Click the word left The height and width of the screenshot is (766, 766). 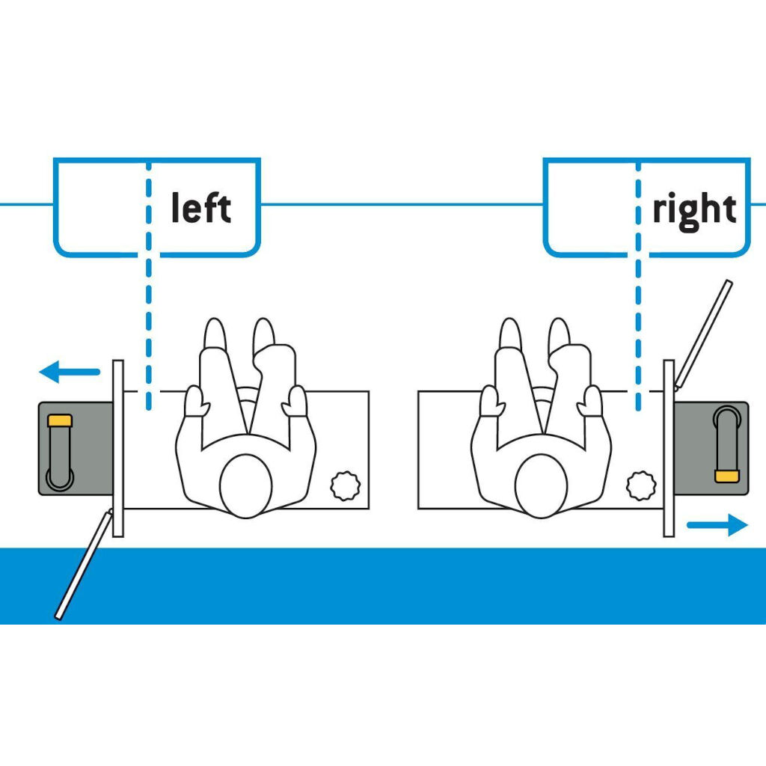coord(200,208)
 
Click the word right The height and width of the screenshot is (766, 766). coord(694,210)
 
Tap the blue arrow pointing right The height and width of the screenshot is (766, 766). coord(717,525)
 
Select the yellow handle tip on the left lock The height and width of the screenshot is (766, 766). coord(59,420)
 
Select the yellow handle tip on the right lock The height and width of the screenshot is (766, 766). coord(725,476)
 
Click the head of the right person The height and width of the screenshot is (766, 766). coord(540,485)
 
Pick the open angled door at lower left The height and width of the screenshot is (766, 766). coord(83,565)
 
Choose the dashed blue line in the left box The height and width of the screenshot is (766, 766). coord(148,284)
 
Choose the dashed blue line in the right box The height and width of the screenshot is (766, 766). coord(637,284)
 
